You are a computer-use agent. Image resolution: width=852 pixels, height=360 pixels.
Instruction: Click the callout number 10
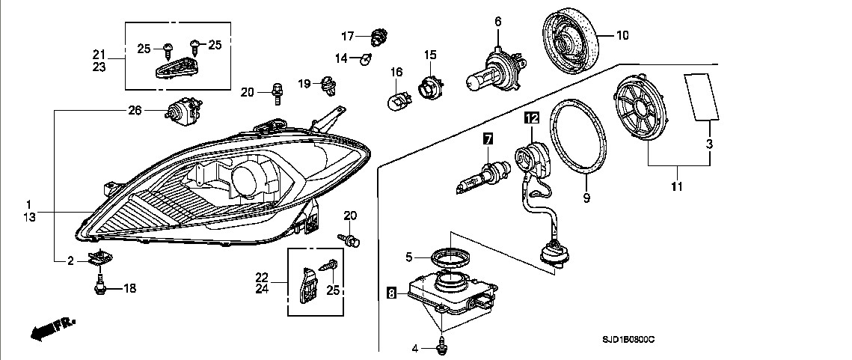pos(622,34)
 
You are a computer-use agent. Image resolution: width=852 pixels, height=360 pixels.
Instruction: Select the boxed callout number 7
pos(487,138)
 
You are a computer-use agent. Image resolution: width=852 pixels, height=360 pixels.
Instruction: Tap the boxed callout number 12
pos(531,118)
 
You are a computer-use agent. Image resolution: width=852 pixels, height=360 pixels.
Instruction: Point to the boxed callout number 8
pos(392,294)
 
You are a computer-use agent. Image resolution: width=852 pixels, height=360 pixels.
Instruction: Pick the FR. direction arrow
pos(53,326)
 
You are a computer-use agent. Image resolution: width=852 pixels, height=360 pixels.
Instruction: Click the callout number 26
pos(135,112)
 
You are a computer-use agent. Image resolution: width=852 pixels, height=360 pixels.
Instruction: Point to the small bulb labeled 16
pos(396,98)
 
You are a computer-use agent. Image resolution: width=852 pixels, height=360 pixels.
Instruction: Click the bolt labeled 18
pos(99,285)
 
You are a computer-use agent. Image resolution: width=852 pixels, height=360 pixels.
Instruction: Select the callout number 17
pos(347,35)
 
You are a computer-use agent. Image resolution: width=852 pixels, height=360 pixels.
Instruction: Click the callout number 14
pos(341,58)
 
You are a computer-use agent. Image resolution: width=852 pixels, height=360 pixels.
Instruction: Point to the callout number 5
pos(409,257)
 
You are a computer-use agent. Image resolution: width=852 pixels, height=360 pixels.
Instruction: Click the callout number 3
pos(709,143)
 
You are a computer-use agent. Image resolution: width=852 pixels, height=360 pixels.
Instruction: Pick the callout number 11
pos(676,185)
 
